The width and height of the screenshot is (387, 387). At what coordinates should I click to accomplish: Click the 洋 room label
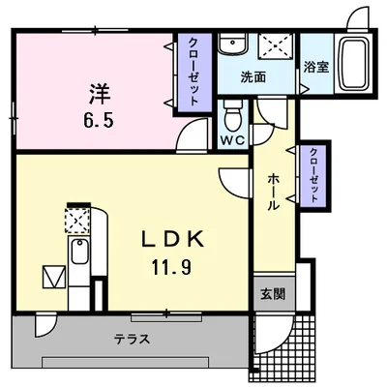(100, 94)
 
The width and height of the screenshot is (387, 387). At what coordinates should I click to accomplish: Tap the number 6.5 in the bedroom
(99, 121)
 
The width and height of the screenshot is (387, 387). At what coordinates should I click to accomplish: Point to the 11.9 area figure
(171, 267)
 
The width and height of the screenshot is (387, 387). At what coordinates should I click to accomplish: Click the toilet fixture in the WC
(233, 115)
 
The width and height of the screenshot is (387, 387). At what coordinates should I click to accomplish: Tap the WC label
(233, 140)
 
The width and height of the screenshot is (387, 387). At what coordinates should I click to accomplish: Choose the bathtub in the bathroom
(355, 63)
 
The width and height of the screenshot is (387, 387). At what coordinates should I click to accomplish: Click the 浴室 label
(316, 67)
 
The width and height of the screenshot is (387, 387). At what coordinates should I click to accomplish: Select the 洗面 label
(253, 77)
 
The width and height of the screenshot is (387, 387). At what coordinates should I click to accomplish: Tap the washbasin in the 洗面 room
(233, 44)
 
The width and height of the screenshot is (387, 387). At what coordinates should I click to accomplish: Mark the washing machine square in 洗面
(277, 46)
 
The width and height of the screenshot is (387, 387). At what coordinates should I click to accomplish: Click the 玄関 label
(273, 294)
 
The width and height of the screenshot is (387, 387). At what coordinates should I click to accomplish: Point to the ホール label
(274, 192)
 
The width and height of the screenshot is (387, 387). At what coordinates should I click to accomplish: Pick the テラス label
(133, 339)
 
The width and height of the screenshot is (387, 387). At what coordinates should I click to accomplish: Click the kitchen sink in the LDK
(80, 253)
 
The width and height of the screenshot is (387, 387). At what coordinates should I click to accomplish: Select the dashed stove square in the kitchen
(77, 221)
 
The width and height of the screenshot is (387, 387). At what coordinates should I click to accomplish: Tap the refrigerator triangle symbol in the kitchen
(54, 277)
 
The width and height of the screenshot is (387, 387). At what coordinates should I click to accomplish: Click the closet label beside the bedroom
(193, 72)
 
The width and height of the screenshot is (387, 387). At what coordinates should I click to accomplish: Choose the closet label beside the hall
(313, 175)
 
